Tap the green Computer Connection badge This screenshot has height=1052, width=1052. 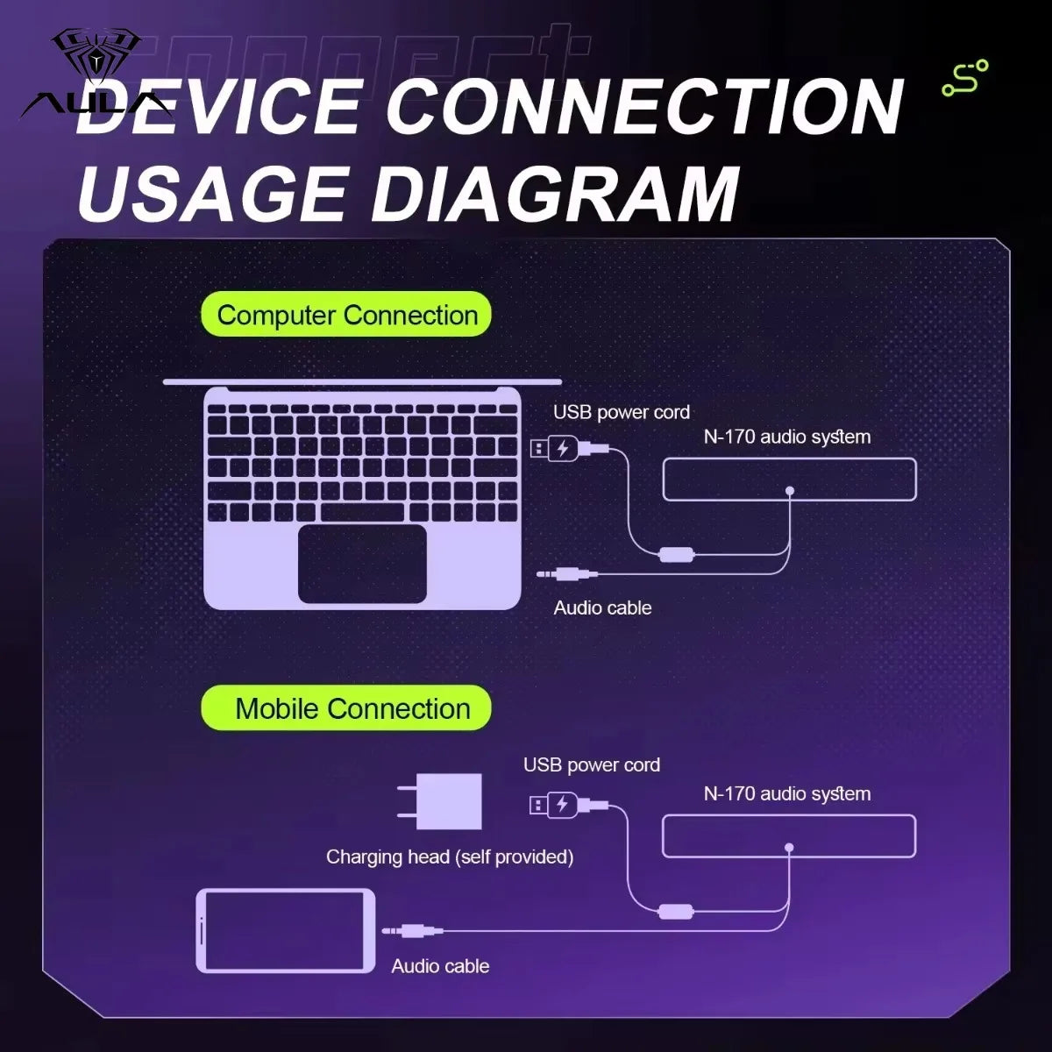tap(346, 315)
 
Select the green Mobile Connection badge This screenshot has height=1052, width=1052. tap(346, 708)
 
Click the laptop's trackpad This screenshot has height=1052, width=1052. tap(362, 564)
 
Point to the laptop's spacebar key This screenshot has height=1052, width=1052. tap(362, 513)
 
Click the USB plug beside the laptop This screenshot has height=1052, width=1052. tap(570, 449)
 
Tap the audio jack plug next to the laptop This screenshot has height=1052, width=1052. tap(567, 573)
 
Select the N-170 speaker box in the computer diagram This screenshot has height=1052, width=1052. tap(789, 480)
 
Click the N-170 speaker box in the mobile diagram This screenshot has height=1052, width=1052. tap(789, 835)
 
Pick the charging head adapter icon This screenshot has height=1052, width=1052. tap(440, 801)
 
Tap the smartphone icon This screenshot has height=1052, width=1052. tap(286, 930)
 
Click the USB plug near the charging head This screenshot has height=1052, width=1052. tap(568, 805)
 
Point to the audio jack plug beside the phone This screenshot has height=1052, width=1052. tap(412, 930)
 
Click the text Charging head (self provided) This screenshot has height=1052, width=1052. tap(450, 857)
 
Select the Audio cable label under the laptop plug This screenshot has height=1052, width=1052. tap(602, 608)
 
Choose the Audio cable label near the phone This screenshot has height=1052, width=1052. tap(441, 966)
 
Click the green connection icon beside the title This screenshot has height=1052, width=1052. tap(965, 78)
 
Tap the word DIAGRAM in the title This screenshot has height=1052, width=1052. tap(556, 194)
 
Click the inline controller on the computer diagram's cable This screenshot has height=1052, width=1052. tap(677, 555)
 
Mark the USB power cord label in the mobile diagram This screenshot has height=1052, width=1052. tap(592, 764)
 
